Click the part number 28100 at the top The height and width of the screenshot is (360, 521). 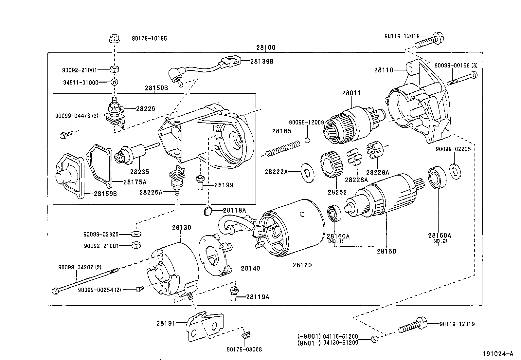coord(266,48)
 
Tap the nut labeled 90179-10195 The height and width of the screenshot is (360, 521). coord(114,39)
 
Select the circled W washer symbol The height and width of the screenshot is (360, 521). coord(114,82)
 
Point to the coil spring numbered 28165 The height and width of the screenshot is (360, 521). coord(282,148)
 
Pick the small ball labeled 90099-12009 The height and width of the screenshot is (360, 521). coord(307,141)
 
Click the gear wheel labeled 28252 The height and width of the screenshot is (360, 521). coord(332,165)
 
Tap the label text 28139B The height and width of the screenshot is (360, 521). coord(262,61)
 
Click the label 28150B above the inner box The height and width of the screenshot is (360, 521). coord(156,88)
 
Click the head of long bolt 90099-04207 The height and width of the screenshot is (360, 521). coord(55,290)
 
